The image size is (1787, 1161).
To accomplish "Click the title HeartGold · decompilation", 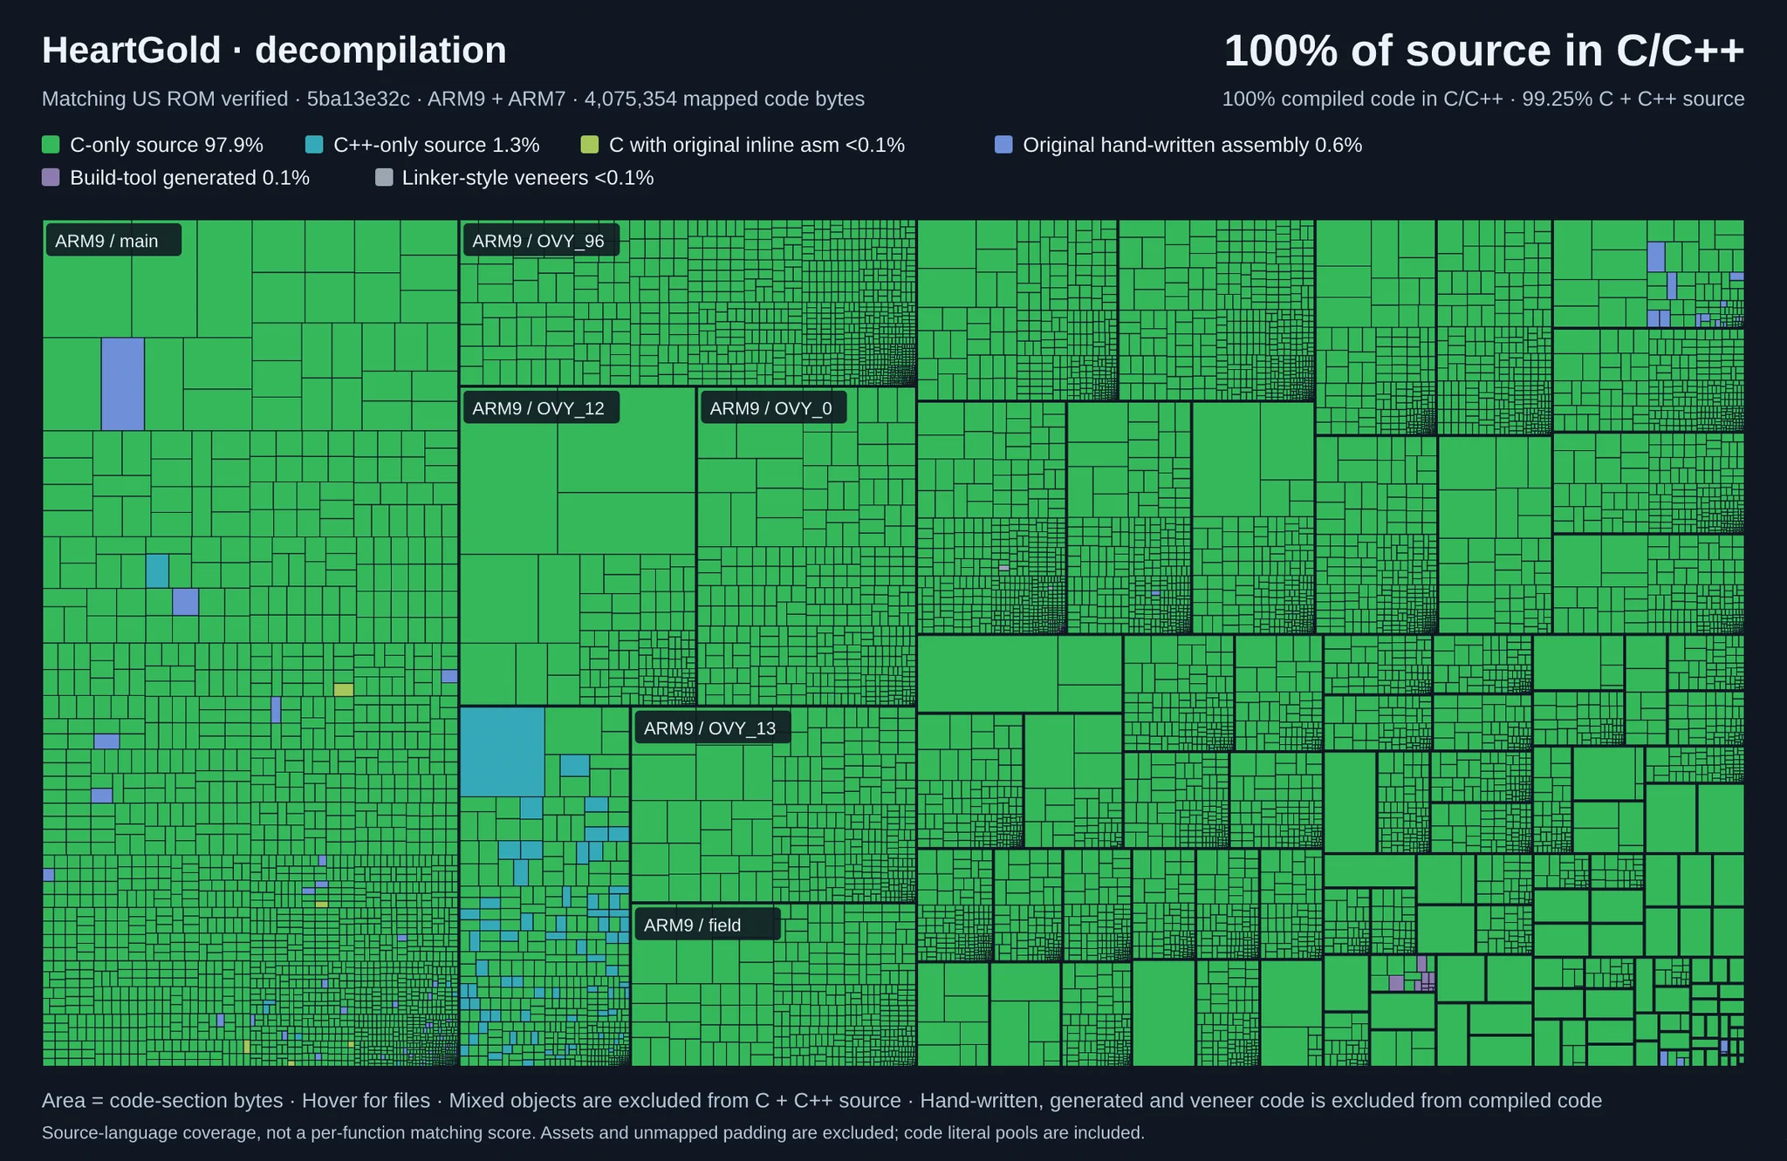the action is [274, 51].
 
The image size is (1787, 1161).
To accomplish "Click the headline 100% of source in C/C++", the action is [1484, 51].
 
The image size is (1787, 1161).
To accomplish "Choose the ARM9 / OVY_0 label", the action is [771, 408].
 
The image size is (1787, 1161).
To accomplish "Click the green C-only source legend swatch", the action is [51, 145].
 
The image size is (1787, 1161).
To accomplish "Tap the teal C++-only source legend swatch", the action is [314, 145].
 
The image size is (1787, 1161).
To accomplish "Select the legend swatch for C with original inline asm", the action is [590, 145].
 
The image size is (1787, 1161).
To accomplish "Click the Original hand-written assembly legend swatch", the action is [1003, 145].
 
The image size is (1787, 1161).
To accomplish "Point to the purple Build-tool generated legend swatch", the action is [51, 178].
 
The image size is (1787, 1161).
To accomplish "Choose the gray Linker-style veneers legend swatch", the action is [383, 178].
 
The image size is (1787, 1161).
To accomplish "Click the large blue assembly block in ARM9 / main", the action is [123, 384].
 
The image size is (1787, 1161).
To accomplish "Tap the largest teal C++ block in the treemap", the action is [503, 752].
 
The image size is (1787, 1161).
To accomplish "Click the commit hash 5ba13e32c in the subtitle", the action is [359, 99].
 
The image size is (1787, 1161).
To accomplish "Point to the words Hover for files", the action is [366, 1101].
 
